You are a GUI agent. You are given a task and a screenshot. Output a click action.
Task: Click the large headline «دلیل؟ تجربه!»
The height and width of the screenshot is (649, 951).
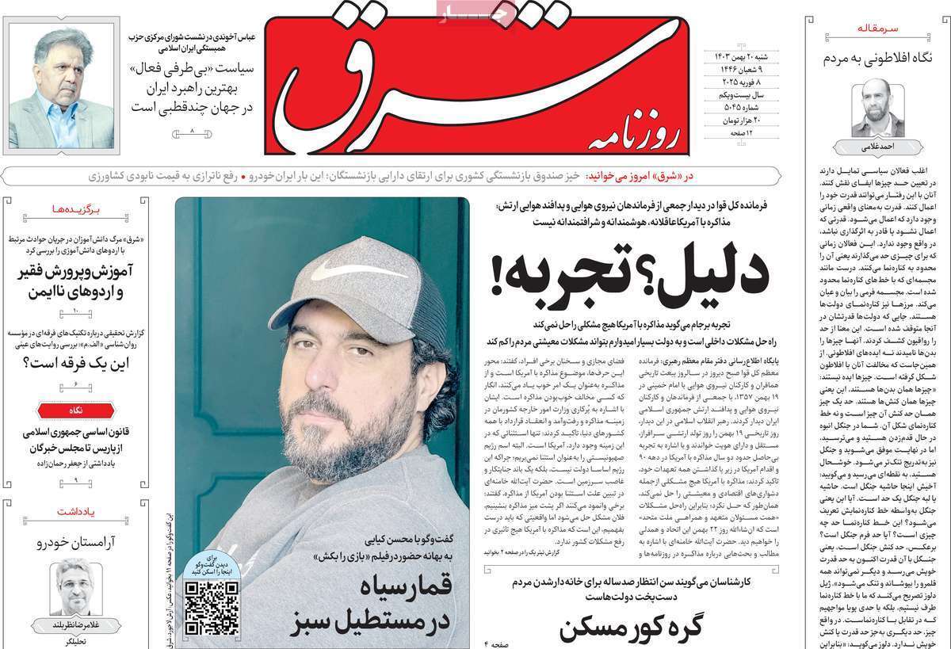tap(630, 277)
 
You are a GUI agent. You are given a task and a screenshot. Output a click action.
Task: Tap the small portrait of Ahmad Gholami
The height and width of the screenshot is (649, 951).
tap(877, 108)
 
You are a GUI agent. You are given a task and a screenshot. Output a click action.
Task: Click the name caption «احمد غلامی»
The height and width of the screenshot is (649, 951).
tap(877, 147)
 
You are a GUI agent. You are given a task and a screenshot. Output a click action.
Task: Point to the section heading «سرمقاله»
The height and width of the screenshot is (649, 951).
tap(878, 29)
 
